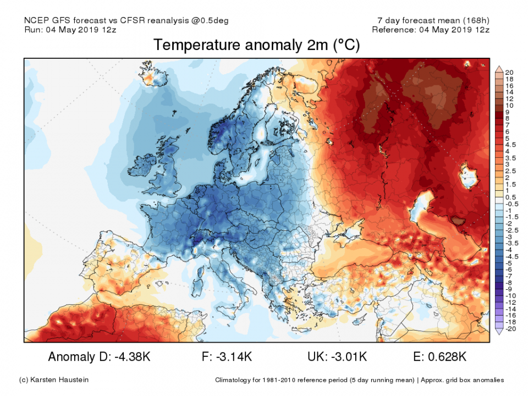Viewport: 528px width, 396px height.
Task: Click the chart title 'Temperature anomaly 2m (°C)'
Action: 256,45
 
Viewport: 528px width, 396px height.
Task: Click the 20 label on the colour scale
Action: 509,73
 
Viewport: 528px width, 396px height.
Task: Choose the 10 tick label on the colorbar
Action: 509,105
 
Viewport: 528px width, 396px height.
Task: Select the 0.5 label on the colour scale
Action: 510,197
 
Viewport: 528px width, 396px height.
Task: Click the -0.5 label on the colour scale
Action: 510,204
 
